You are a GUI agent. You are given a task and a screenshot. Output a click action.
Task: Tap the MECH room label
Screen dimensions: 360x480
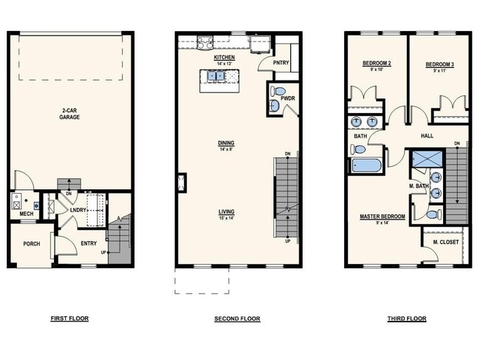pos(26,214)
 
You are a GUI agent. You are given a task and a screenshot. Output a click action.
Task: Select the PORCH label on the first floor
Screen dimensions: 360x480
pos(31,243)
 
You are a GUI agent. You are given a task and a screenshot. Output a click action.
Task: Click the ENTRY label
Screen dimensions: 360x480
pos(89,243)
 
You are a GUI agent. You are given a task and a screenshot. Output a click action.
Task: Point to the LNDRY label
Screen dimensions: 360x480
pos(79,210)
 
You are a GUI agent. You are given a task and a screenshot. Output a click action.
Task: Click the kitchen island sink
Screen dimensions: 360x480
pos(216,75)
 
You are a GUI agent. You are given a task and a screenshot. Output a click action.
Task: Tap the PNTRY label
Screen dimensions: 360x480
pos(281,63)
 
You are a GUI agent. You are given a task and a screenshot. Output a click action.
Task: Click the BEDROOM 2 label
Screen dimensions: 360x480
pos(376,64)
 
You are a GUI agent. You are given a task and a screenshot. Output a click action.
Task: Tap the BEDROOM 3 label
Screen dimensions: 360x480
pos(439,64)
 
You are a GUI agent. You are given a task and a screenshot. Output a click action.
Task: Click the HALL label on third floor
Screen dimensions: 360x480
pos(427,136)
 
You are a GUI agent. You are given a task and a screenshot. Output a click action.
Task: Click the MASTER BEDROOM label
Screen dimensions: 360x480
pos(381,216)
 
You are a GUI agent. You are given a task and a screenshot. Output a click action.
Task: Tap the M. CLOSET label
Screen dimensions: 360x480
pos(445,242)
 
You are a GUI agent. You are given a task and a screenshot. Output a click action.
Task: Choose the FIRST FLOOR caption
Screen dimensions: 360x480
pos(69,319)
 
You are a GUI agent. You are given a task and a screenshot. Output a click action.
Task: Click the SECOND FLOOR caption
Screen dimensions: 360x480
pos(238,319)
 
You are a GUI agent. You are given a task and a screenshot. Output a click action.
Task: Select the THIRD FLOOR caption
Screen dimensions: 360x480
pos(406,319)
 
